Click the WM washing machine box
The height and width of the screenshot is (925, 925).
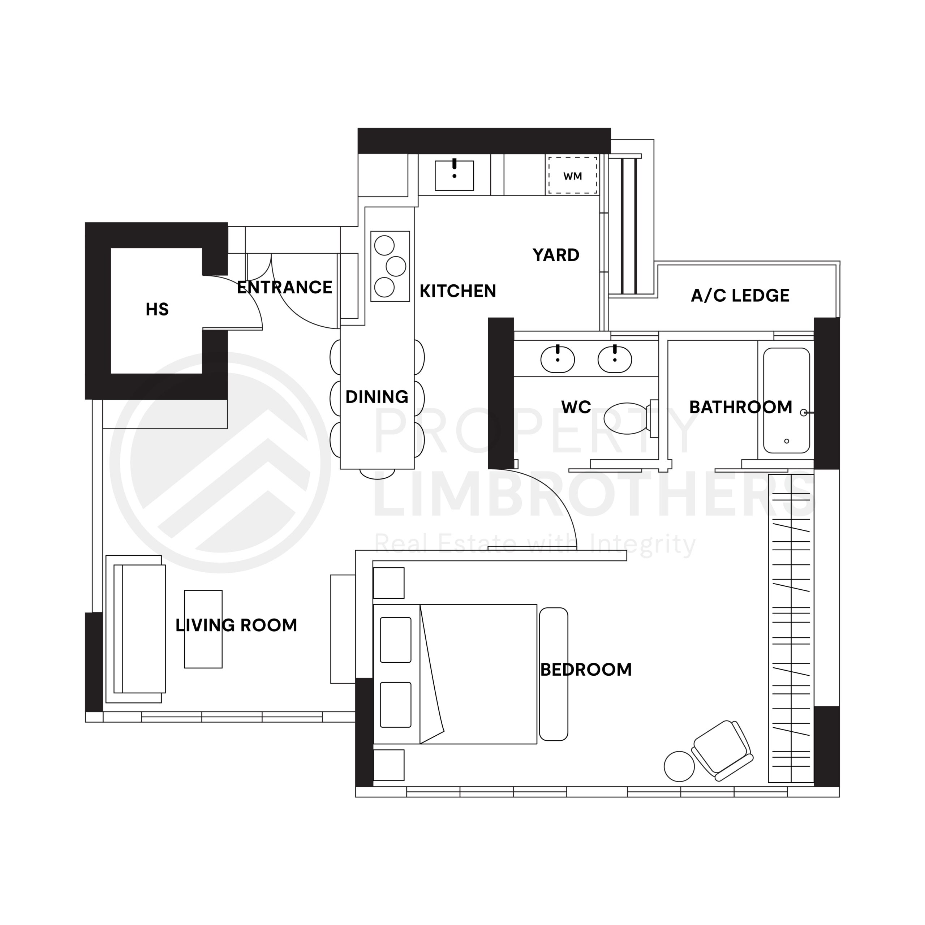click(573, 175)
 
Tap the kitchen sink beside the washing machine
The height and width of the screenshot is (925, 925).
click(454, 176)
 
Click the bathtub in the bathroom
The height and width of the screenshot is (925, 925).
click(786, 400)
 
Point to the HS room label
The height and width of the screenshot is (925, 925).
click(157, 310)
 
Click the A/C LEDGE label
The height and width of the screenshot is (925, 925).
click(740, 296)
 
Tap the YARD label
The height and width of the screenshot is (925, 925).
click(556, 255)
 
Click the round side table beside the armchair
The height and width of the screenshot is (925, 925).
click(679, 766)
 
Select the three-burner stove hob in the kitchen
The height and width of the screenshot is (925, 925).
click(390, 266)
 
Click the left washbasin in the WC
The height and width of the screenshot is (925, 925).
click(557, 359)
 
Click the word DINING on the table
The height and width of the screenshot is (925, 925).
click(377, 397)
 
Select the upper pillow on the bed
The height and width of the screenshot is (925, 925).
click(395, 640)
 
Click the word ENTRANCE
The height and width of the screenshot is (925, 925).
click(284, 287)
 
